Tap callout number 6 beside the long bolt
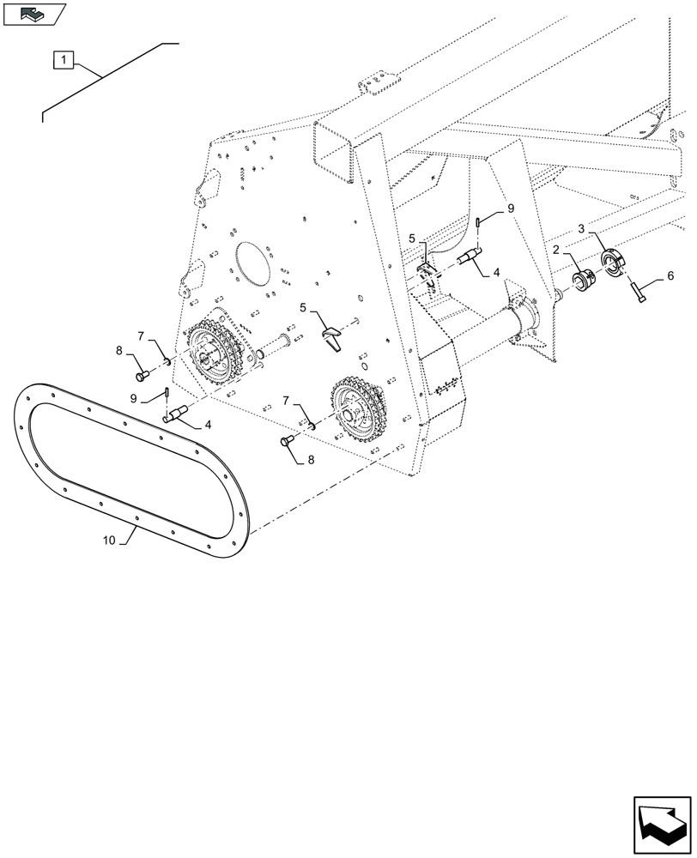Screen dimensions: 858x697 (670, 276)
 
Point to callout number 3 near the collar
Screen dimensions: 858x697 (582, 230)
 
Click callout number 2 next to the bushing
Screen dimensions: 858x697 (556, 250)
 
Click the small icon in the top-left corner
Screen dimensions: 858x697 (33, 14)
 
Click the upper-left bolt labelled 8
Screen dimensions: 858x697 (143, 373)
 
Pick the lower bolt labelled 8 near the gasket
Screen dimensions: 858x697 (287, 441)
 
